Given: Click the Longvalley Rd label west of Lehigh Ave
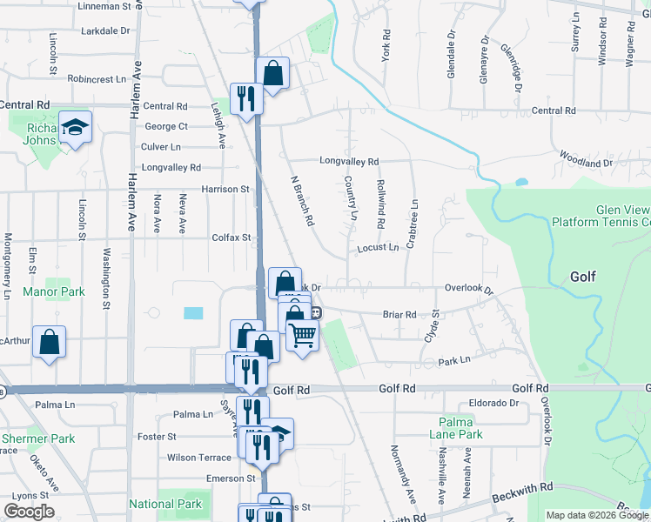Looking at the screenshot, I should point(171,168).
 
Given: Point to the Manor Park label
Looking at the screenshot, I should point(54,291).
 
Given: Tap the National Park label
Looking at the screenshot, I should point(165,504).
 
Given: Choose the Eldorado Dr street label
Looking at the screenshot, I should point(493,404).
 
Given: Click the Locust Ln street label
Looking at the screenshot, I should point(378,248).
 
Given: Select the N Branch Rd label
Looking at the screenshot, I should point(301,199).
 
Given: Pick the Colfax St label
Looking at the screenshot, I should point(231,237).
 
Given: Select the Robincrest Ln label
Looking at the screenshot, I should point(97,78).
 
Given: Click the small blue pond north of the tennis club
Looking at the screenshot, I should point(520,183).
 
